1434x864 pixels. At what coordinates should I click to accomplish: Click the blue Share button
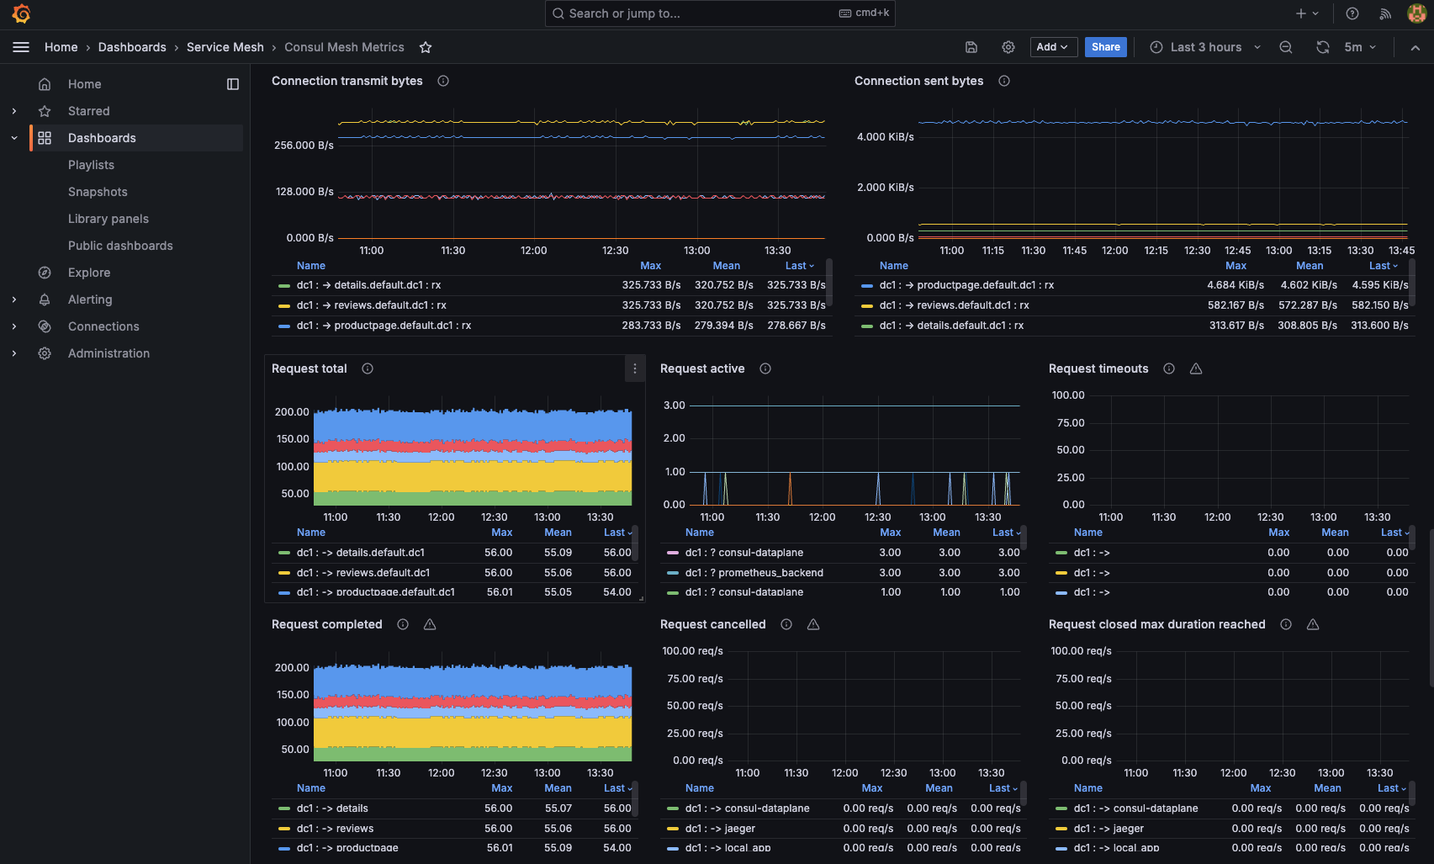pos(1105,47)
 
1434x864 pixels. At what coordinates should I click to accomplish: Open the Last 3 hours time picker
pos(1204,47)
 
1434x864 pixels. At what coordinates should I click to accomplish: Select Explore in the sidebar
pos(89,273)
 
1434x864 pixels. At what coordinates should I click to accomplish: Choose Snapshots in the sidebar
pos(98,192)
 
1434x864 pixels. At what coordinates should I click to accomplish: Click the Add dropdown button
pos(1053,47)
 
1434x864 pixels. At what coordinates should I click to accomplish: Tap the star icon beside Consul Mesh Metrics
pos(426,48)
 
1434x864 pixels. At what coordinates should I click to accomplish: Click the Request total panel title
pos(309,368)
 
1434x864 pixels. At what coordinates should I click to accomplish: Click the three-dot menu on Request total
pos(635,368)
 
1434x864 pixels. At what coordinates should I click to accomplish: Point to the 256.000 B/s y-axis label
pos(304,146)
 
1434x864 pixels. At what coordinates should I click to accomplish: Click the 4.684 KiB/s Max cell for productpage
pos(1235,285)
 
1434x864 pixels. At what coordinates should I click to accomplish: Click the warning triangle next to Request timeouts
pos(1196,368)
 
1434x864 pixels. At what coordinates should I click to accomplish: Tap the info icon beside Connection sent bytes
pos(1004,81)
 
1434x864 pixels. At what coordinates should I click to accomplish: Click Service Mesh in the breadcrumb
pos(225,47)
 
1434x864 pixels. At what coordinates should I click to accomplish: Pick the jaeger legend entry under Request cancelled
pos(739,829)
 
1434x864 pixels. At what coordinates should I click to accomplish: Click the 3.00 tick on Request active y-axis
pos(675,405)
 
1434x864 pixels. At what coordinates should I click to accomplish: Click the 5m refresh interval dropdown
pos(1359,47)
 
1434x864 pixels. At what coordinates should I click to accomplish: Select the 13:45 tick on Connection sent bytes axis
pos(1401,251)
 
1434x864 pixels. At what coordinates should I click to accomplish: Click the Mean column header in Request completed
pos(558,788)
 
